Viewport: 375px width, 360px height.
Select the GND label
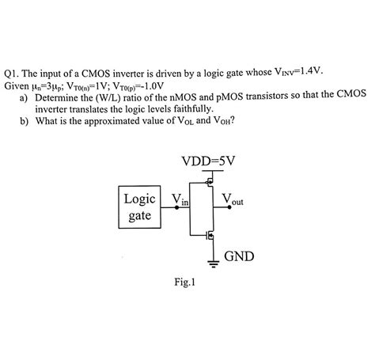pyautogui.click(x=240, y=256)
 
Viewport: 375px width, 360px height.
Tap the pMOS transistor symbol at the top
pyautogui.click(x=208, y=183)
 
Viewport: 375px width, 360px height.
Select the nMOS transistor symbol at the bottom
pyautogui.click(x=208, y=235)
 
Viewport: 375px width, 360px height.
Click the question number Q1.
pyautogui.click(x=13, y=70)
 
